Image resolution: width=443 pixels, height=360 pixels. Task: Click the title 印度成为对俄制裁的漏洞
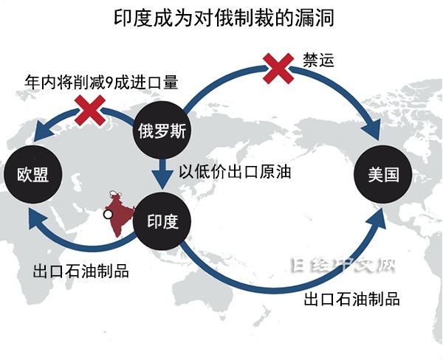(x=224, y=18)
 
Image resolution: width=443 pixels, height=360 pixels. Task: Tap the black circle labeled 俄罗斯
(x=162, y=131)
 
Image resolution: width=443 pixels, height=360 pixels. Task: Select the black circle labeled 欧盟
(x=32, y=174)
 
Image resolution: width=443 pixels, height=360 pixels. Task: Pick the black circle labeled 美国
(x=383, y=174)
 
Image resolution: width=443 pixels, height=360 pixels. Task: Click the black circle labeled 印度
(x=162, y=221)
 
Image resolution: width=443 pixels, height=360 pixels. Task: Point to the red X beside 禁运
(x=278, y=69)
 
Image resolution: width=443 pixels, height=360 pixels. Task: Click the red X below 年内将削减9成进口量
(x=90, y=111)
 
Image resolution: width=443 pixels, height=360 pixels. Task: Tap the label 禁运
(x=318, y=60)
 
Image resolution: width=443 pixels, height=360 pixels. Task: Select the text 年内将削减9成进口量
(x=101, y=83)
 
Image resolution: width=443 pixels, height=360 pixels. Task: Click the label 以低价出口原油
(x=235, y=172)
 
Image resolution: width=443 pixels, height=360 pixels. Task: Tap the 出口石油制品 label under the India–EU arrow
(x=80, y=271)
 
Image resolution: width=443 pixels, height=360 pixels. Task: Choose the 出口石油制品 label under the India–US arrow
(x=351, y=299)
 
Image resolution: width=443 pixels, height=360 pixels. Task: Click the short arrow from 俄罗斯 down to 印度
(x=162, y=174)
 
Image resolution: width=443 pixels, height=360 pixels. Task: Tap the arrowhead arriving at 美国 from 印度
(x=377, y=219)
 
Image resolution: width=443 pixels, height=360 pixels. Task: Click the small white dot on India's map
(x=108, y=215)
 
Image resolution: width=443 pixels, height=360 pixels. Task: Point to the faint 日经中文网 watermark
(x=343, y=266)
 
